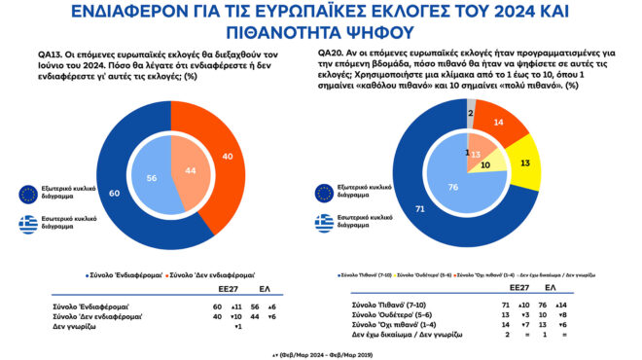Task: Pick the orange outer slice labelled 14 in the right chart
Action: pos(497,124)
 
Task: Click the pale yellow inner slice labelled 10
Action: pos(486,166)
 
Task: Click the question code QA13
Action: pos(40,54)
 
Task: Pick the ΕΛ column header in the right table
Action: pos(551,289)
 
